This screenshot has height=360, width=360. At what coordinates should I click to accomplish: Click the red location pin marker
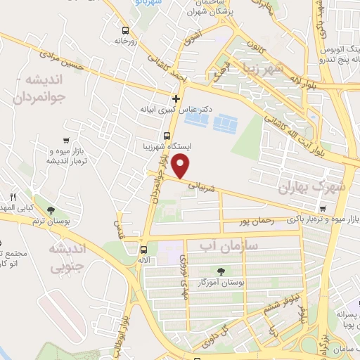tap(182, 166)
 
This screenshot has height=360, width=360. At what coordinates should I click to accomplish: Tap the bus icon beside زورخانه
tap(125, 30)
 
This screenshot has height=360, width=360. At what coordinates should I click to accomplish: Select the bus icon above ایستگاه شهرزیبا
tap(167, 136)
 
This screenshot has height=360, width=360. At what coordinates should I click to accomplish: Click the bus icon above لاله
tap(143, 250)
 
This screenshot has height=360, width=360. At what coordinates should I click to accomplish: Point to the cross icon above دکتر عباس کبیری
tap(176, 98)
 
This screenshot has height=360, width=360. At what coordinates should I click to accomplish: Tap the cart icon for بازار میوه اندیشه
tap(66, 140)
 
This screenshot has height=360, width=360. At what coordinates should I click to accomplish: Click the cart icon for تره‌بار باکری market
tap(322, 208)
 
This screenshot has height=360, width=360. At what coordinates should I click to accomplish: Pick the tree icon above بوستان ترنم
tap(50, 210)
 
